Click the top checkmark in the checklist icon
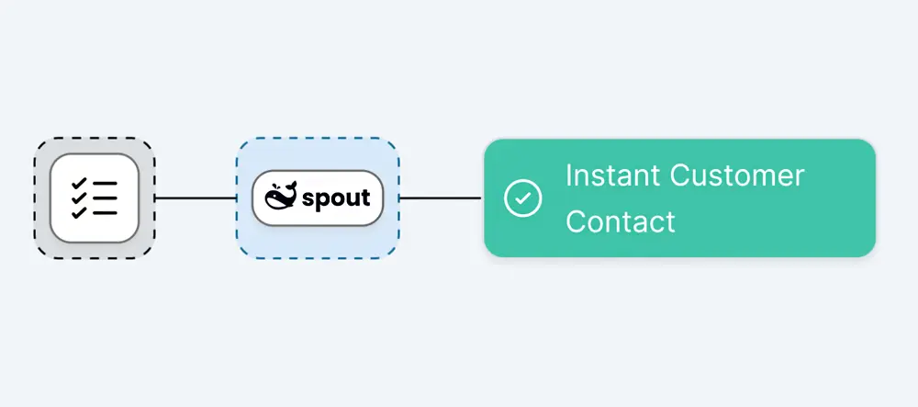point(79,184)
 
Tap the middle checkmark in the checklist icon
point(79,198)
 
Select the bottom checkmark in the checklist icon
point(79,212)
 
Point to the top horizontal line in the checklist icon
point(104,184)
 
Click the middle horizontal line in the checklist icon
point(104,198)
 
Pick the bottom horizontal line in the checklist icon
point(104,213)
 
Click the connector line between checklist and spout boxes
point(196,198)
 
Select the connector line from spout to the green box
point(440,198)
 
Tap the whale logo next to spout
point(281,197)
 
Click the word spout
point(336,198)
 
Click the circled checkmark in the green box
point(523,198)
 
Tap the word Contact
point(620,221)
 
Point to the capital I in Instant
point(568,175)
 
